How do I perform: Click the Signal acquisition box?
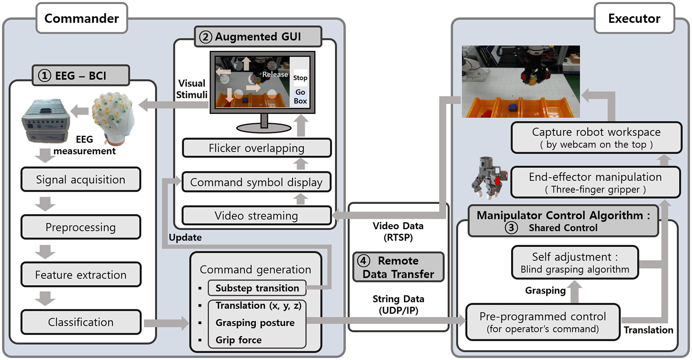(81, 180)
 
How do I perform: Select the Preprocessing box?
(81, 227)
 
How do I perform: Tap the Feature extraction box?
(81, 275)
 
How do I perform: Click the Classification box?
(81, 322)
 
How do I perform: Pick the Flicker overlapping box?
(257, 148)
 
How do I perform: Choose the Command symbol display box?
(257, 182)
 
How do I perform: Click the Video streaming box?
(257, 216)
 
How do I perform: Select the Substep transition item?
(257, 288)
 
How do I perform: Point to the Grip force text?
(238, 340)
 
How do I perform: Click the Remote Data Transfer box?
(398, 267)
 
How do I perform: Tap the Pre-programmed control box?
(543, 322)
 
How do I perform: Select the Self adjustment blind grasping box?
(575, 262)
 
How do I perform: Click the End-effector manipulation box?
(596, 183)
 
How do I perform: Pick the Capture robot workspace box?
(596, 138)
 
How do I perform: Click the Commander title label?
(82, 18)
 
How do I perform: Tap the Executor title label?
(634, 18)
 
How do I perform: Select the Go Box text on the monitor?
(300, 96)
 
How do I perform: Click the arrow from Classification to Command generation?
(166, 323)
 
